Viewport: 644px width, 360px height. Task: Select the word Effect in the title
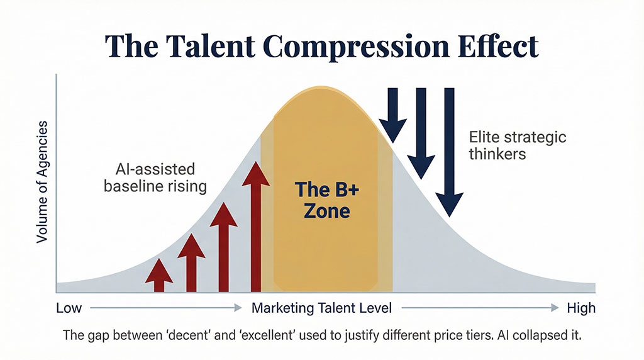pyautogui.click(x=497, y=48)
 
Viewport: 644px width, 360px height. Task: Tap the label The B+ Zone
pyautogui.click(x=323, y=199)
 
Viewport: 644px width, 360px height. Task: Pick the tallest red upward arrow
pyautogui.click(x=255, y=226)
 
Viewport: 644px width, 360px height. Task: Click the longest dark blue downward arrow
pyautogui.click(x=449, y=151)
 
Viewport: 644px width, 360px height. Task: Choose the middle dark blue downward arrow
pyautogui.click(x=421, y=133)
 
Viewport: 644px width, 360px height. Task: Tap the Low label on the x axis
pyautogui.click(x=69, y=309)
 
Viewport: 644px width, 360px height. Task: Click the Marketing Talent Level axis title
pyautogui.click(x=321, y=309)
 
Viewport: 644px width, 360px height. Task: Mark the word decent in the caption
pyautogui.click(x=196, y=335)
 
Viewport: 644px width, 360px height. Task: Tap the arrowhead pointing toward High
pyautogui.click(x=554, y=308)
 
